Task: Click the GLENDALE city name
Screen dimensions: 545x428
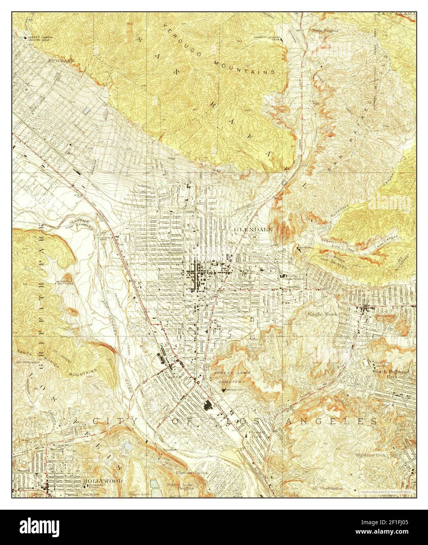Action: pyautogui.click(x=252, y=229)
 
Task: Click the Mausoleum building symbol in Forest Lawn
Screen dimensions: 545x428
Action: pyautogui.click(x=223, y=390)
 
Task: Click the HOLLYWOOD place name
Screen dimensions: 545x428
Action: pyautogui.click(x=103, y=481)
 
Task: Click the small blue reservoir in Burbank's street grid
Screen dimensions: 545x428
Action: pyautogui.click(x=87, y=111)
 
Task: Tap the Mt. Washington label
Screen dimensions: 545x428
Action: pyautogui.click(x=328, y=489)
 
